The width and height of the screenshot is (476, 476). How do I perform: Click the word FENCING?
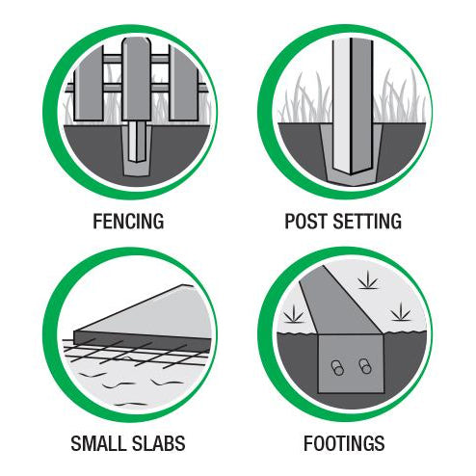[128, 221]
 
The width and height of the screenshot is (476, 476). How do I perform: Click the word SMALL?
[99, 443]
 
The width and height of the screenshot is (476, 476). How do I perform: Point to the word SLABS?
[159, 443]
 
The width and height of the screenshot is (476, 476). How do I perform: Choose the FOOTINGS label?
[344, 443]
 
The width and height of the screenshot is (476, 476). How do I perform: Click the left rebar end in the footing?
[337, 368]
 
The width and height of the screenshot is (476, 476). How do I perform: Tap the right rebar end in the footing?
[365, 366]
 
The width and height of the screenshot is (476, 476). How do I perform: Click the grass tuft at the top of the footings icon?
[368, 280]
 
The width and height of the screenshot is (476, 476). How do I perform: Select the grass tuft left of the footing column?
[294, 314]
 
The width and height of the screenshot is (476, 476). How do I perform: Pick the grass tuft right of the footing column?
[401, 312]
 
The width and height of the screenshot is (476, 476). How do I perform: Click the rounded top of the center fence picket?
[136, 41]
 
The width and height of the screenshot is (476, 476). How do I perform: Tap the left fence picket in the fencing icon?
[89, 84]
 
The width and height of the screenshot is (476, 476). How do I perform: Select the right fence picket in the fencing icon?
[183, 84]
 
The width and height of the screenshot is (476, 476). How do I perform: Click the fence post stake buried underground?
[137, 142]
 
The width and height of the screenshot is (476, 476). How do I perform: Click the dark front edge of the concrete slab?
[143, 341]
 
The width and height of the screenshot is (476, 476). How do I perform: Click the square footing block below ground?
[351, 363]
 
